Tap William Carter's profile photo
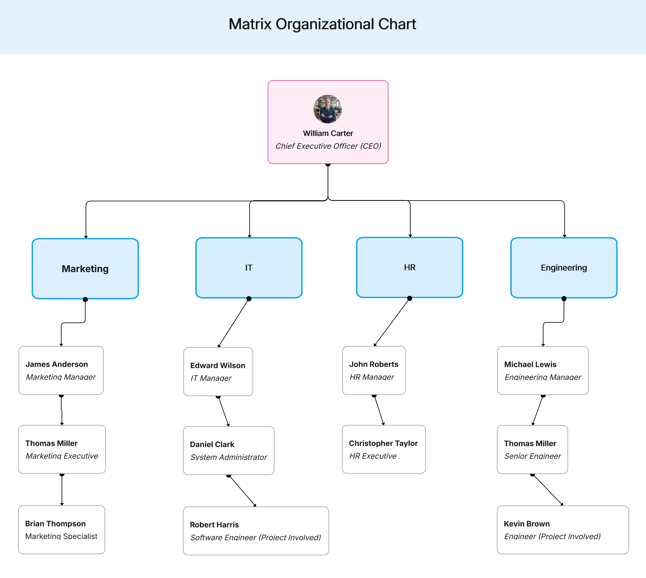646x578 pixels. pyautogui.click(x=328, y=109)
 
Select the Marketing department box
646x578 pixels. pyautogui.click(x=85, y=269)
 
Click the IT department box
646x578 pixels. pyautogui.click(x=249, y=268)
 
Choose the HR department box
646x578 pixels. pyautogui.click(x=409, y=267)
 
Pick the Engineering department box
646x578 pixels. pyautogui.click(x=564, y=268)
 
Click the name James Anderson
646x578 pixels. pyautogui.click(x=57, y=364)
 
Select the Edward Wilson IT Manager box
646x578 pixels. pyautogui.click(x=218, y=371)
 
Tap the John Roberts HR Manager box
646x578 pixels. pyautogui.click(x=374, y=371)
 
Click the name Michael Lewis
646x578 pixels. pyautogui.click(x=530, y=364)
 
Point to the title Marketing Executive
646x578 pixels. pyautogui.click(x=62, y=456)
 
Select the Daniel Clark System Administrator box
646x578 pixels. pyautogui.click(x=229, y=450)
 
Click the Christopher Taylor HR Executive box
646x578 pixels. pyautogui.click(x=384, y=449)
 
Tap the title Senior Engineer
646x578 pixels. pyautogui.click(x=532, y=456)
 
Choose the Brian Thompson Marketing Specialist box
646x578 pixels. pyautogui.click(x=62, y=530)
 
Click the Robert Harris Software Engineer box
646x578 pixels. pyautogui.click(x=256, y=531)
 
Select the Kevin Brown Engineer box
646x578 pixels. pyautogui.click(x=563, y=530)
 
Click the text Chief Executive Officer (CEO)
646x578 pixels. pyautogui.click(x=328, y=146)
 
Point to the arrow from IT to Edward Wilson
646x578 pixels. pyautogui.click(x=233, y=323)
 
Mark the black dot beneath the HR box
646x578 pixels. pyautogui.click(x=409, y=298)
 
